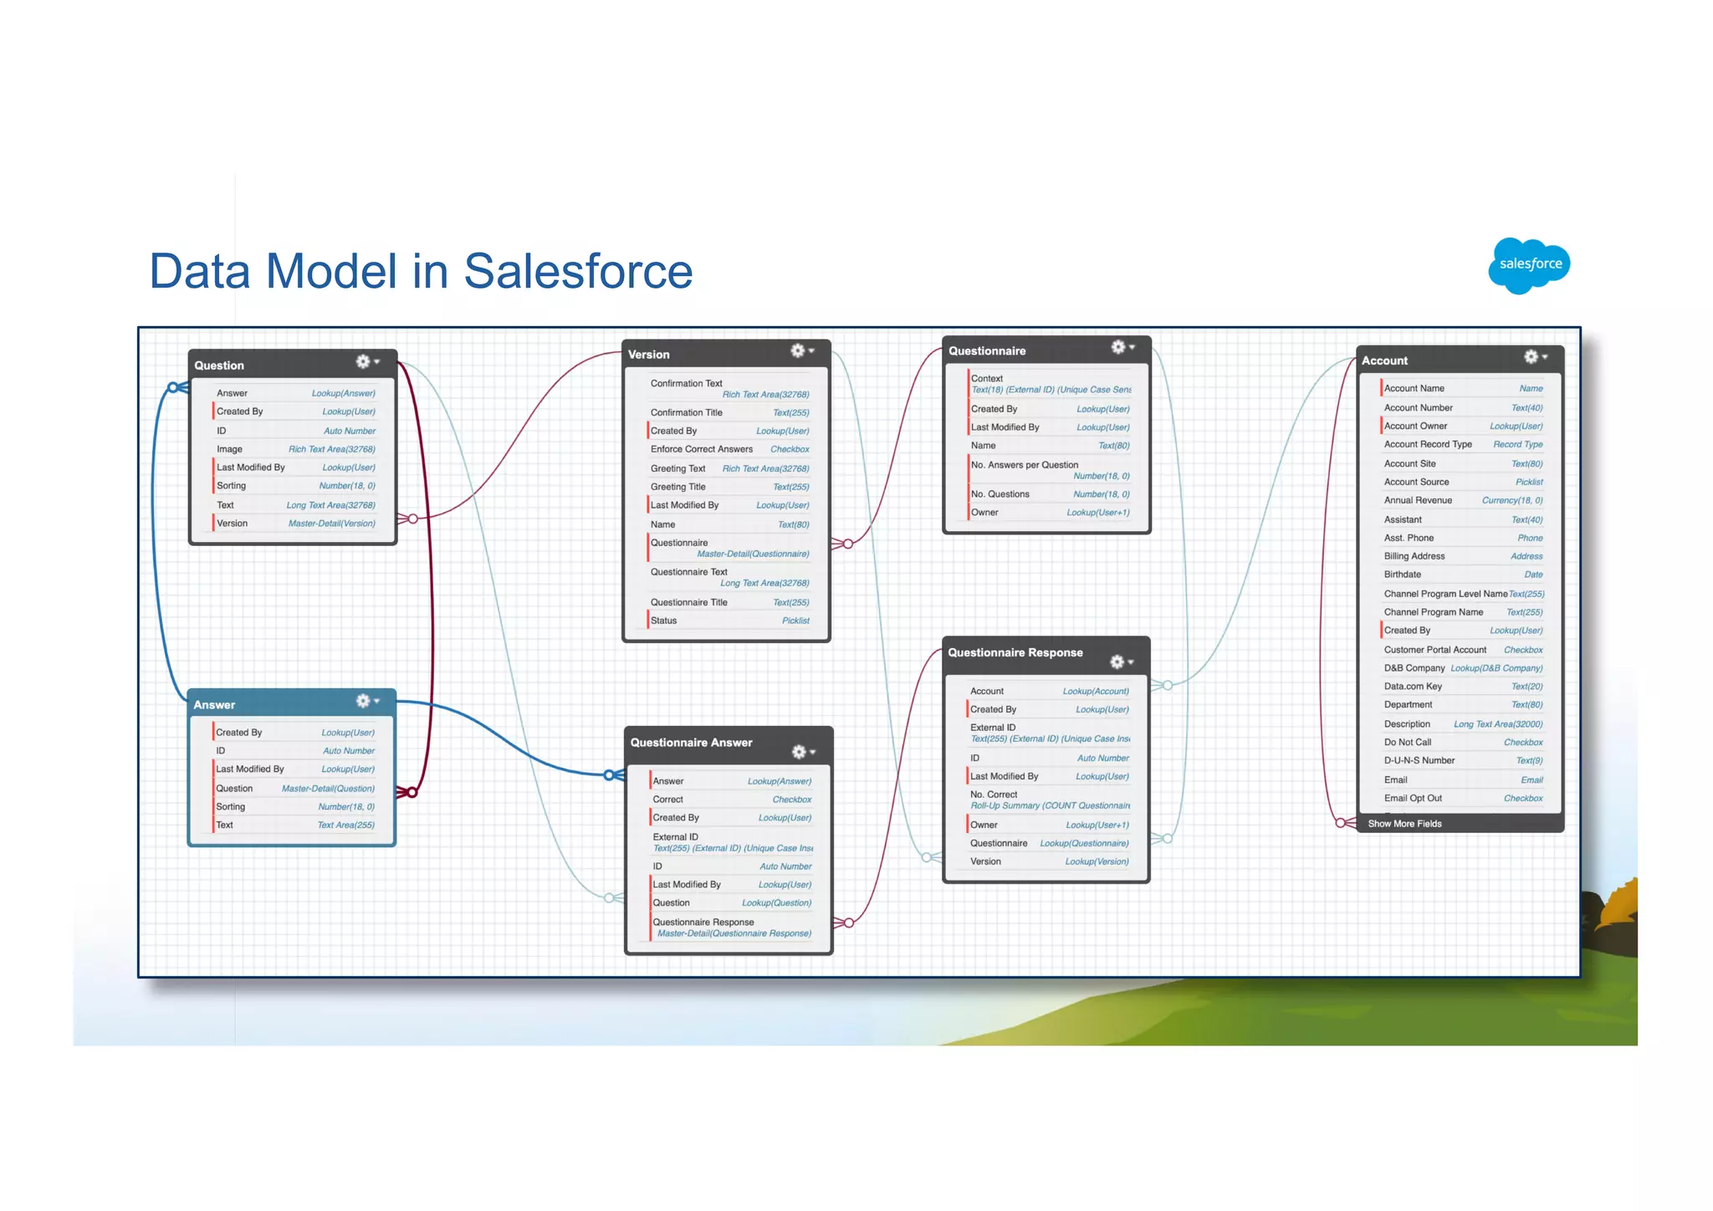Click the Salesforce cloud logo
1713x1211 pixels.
coord(1529,265)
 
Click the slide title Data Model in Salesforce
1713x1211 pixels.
coord(421,271)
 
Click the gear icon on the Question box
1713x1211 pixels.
coord(363,361)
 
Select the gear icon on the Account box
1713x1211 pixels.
coord(1531,357)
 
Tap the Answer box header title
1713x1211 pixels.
coord(214,705)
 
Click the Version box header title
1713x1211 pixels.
coord(648,355)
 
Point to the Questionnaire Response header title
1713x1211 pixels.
coord(1015,653)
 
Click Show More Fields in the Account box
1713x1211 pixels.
coord(1404,824)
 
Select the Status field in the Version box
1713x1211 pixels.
coord(664,621)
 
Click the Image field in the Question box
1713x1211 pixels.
coord(229,449)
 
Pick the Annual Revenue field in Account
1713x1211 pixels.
coord(1418,500)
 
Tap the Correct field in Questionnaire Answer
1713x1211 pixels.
coord(668,800)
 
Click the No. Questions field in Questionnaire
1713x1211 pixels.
coord(1000,494)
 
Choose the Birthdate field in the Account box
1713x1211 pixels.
coord(1403,575)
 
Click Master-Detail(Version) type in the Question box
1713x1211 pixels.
coord(331,524)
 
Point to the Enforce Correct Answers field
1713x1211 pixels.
coord(701,449)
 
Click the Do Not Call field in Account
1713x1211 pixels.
coord(1408,743)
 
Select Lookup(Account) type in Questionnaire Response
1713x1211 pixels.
coord(1096,692)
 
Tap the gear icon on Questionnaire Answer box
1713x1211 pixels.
coord(800,752)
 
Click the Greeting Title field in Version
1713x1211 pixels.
coord(678,487)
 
